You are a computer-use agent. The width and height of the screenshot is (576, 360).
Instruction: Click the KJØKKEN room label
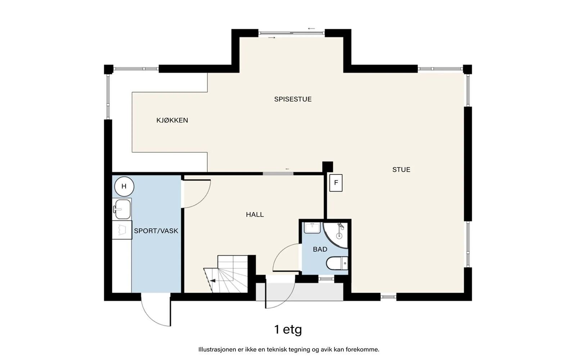(x=172, y=120)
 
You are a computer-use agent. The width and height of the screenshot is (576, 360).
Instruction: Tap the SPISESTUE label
(x=293, y=99)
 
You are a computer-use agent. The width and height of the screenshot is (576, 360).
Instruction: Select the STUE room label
(x=401, y=170)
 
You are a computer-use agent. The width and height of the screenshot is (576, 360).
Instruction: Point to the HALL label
(x=255, y=215)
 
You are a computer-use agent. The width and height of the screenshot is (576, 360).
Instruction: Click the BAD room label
(x=320, y=249)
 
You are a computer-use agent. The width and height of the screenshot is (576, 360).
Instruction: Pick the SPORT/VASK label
(x=156, y=231)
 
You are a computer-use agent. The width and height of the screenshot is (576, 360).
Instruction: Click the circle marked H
(x=124, y=186)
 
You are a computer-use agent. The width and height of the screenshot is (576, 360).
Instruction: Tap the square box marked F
(x=336, y=183)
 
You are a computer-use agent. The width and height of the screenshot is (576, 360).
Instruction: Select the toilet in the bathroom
(x=337, y=263)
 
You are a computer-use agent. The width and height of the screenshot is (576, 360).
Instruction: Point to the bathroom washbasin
(x=312, y=228)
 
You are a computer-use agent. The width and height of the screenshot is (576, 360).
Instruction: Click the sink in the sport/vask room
(x=122, y=209)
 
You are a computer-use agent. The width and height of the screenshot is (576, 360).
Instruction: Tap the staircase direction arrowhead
(x=213, y=280)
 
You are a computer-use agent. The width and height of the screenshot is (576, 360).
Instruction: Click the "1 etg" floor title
(x=288, y=330)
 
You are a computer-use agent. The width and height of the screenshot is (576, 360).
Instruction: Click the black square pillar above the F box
(x=328, y=167)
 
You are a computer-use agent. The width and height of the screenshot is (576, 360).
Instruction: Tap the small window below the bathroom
(x=326, y=279)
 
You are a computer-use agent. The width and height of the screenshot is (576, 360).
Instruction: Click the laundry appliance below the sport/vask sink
(x=122, y=230)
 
